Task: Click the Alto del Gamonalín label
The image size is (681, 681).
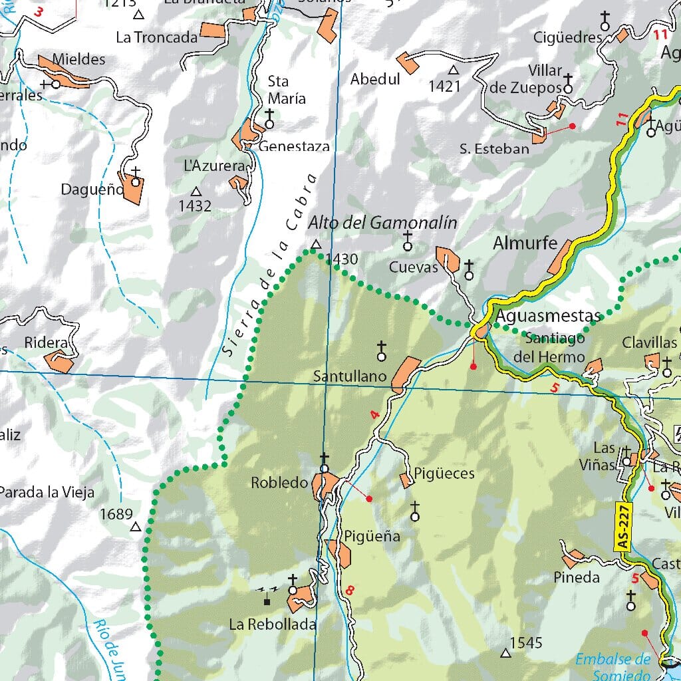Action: click(382, 223)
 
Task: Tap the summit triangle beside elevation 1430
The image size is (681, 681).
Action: click(315, 244)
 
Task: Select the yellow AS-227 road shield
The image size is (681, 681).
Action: click(622, 526)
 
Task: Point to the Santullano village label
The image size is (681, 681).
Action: click(350, 376)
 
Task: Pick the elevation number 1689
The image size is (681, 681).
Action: click(116, 514)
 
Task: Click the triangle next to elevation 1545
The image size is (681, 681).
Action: click(505, 653)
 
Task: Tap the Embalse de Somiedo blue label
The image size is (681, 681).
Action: click(613, 666)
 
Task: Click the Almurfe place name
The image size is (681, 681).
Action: click(525, 244)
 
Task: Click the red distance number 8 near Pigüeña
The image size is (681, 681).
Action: click(350, 589)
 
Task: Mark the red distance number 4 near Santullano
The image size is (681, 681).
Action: click(375, 415)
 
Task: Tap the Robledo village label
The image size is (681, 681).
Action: click(279, 483)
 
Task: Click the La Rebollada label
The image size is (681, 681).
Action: click(272, 624)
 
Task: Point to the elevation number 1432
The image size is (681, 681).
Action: click(195, 206)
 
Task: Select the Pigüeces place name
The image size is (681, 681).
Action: click(444, 474)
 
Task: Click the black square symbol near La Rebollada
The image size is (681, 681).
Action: click(267, 602)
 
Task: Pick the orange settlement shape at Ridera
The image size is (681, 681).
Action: click(59, 362)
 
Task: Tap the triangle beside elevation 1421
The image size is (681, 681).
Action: click(454, 70)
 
